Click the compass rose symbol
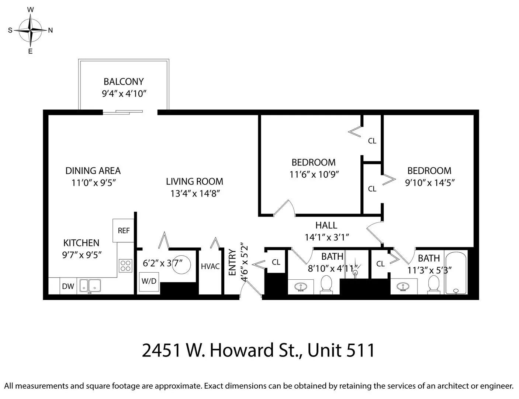pos(31,31)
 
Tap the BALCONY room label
pos(124,82)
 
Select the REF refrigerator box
pos(124,231)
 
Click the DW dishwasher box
pos(68,286)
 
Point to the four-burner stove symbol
pos(125,266)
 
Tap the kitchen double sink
pos(90,286)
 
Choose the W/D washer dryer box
pos(149,281)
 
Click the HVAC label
pos(210,266)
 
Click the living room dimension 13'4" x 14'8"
pos(195,193)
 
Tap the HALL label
pos(326,225)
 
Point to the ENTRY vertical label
pos(232,262)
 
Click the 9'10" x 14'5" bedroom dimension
pos(430,183)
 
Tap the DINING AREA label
pos(93,171)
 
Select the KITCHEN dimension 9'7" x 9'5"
pos(82,255)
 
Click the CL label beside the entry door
pos(276,262)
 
